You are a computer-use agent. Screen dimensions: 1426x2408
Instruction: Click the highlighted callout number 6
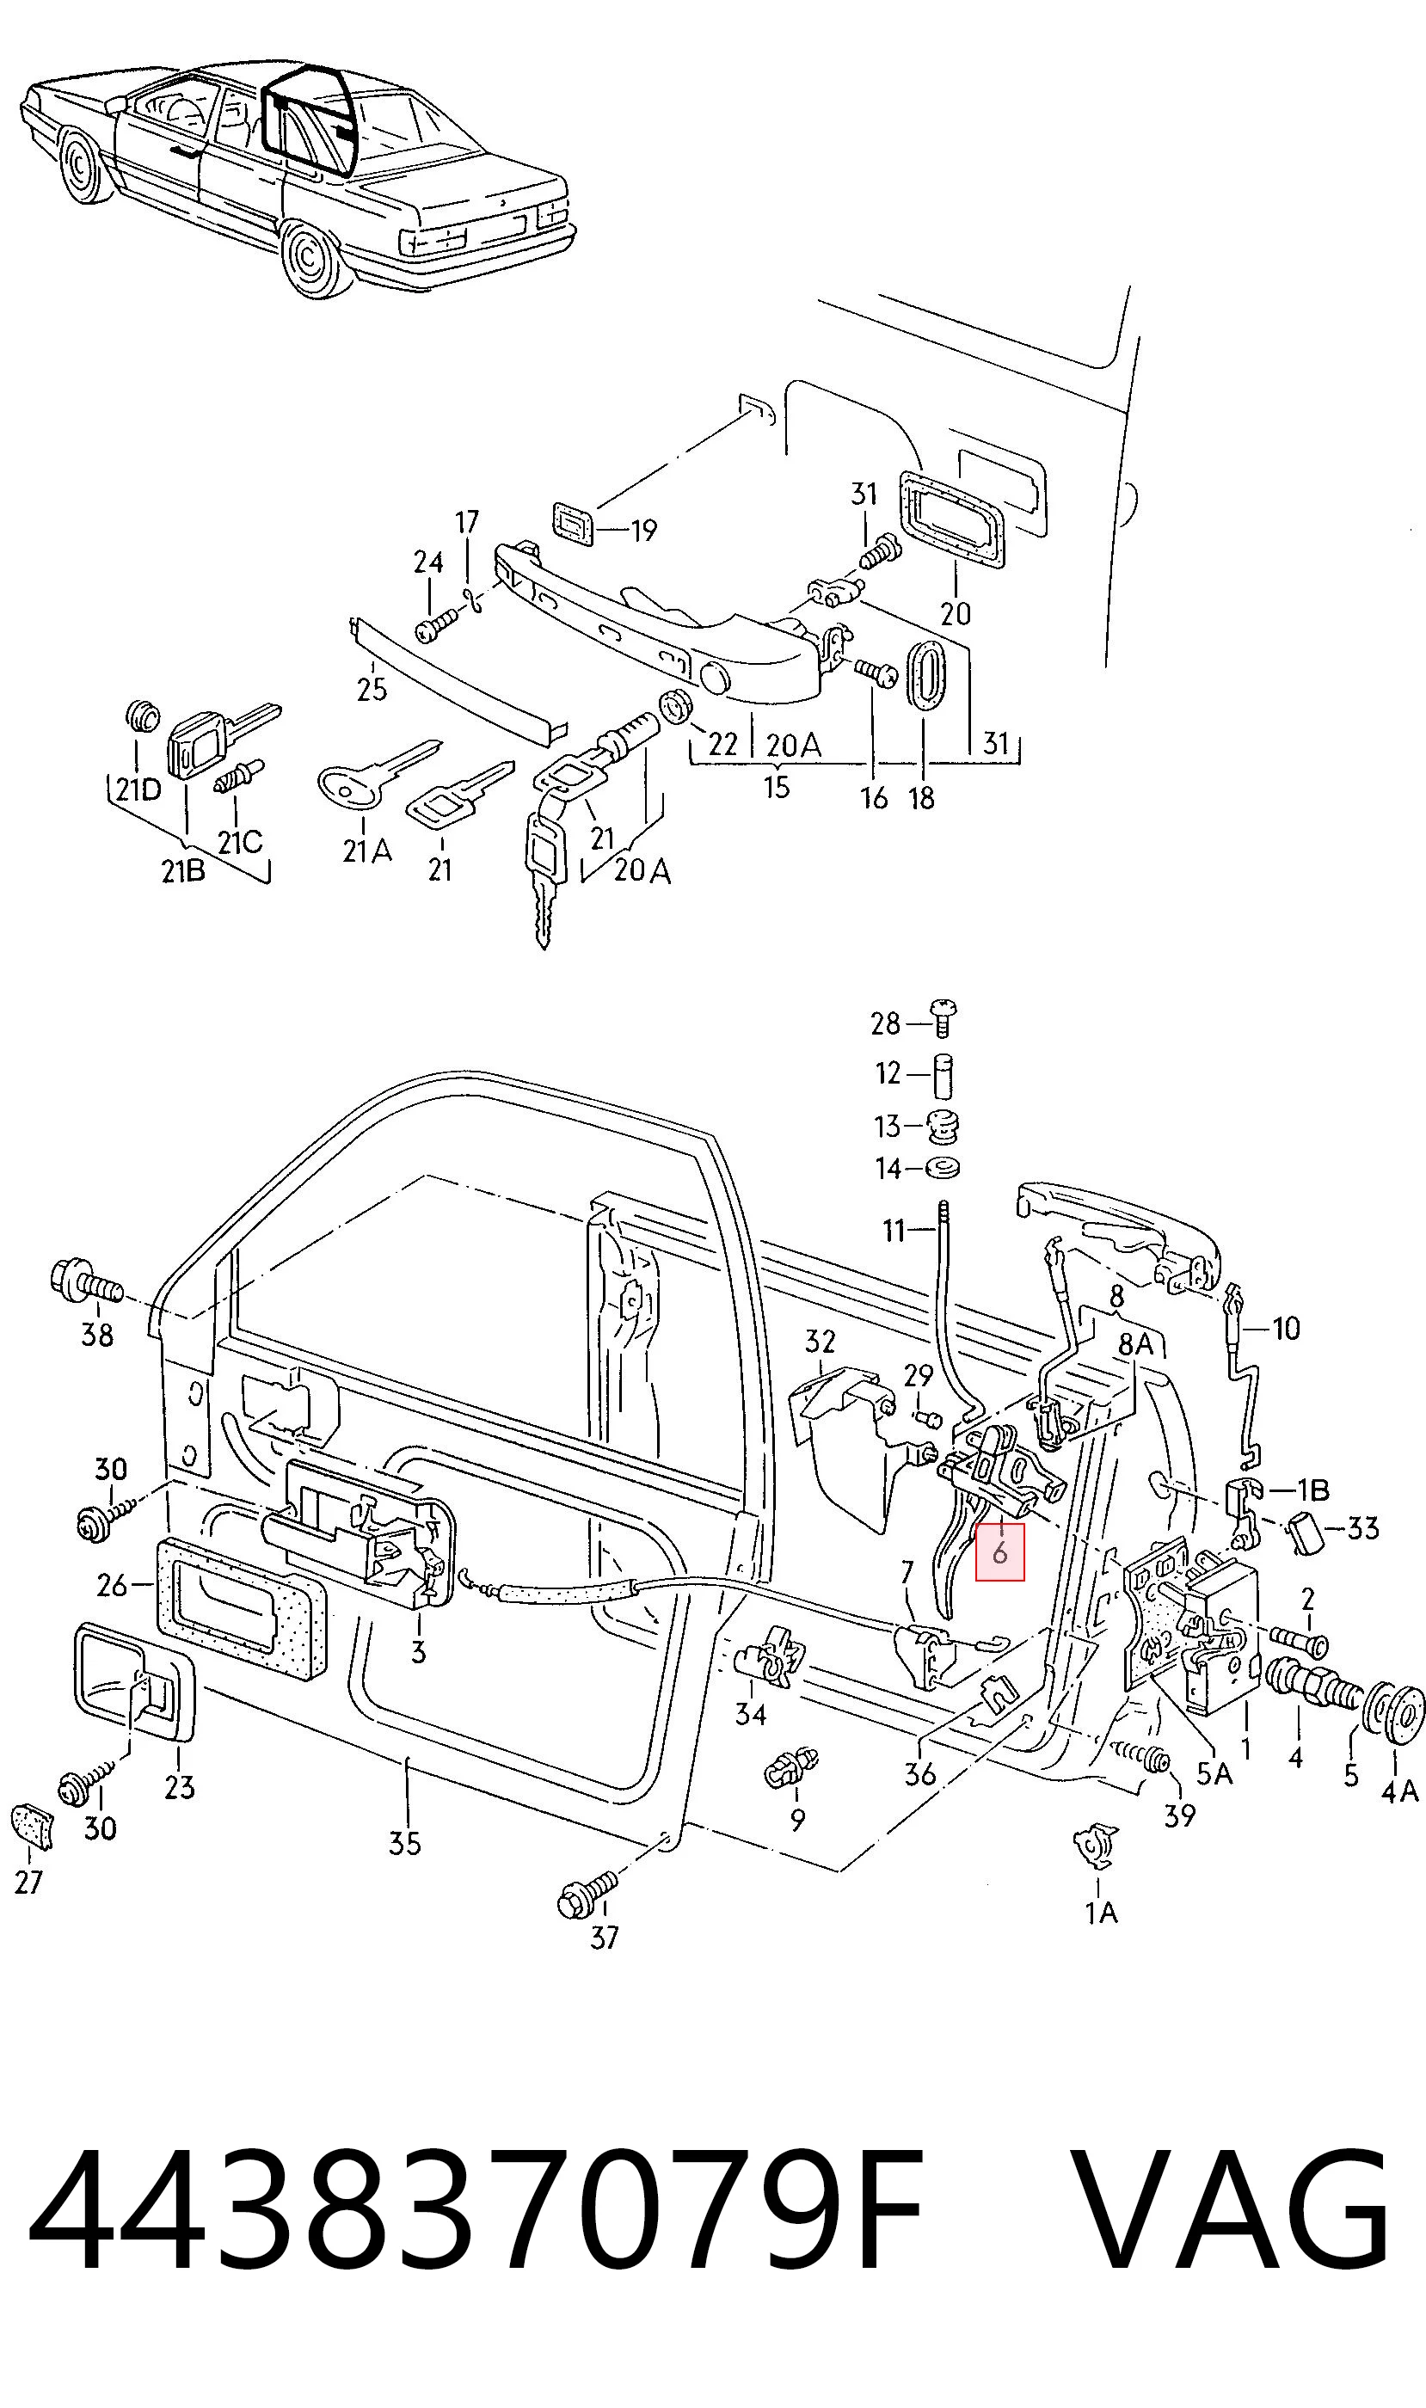999,1551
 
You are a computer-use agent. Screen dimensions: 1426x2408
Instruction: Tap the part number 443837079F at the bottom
476,2213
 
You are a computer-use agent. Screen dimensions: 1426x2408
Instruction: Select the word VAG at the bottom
1229,2213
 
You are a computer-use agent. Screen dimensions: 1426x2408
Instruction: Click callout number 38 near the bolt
97,1335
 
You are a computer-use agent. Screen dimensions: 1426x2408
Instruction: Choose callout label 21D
138,789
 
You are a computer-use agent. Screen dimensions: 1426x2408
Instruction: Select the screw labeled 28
944,1017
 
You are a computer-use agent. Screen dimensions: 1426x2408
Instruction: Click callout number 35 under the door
404,1843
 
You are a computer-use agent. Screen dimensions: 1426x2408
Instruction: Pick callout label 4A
1399,1791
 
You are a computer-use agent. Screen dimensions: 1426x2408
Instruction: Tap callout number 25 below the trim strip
371,689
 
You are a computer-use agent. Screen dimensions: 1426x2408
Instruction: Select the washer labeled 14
943,1169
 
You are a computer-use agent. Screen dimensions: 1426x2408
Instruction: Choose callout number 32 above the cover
820,1341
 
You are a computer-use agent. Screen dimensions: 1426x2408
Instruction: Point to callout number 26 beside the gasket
112,1584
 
